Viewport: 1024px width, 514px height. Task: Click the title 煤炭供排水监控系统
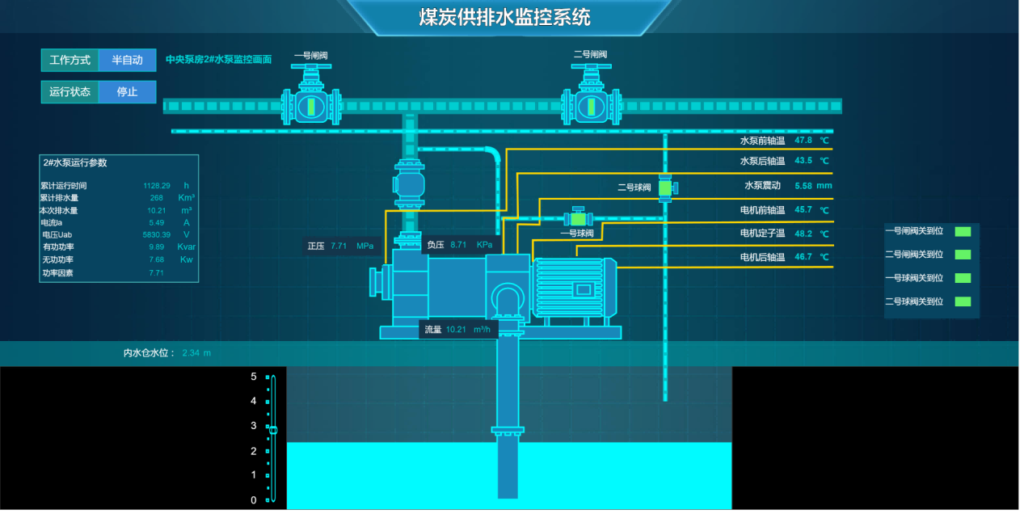coord(504,17)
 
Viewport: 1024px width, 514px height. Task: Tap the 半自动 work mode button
coord(127,60)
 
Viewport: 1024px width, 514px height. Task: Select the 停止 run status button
coord(127,91)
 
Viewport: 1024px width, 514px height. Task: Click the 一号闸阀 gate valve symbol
coord(310,104)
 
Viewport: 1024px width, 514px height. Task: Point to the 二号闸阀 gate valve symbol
coord(590,104)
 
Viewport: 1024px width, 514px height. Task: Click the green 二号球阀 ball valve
coord(665,188)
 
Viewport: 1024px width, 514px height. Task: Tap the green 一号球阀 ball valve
coord(578,219)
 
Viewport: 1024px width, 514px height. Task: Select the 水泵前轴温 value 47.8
coord(803,140)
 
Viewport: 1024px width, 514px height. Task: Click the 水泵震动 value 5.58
coord(803,185)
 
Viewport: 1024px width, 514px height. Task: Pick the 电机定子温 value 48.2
coord(803,234)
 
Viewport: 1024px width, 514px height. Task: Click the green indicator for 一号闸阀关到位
coord(963,231)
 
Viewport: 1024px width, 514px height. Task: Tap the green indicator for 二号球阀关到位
coord(963,301)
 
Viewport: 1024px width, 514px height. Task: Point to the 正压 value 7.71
coord(339,246)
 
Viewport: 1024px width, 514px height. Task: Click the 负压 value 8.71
coord(458,244)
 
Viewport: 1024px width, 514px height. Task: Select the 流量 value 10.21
coord(457,329)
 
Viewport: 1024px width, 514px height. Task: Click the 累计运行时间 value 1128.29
coord(157,186)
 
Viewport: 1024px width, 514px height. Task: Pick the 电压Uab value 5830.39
coord(157,234)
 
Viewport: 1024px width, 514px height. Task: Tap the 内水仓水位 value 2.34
coord(192,353)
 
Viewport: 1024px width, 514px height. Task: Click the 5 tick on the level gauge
coord(253,377)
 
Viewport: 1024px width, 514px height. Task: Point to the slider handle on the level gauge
coord(273,430)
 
